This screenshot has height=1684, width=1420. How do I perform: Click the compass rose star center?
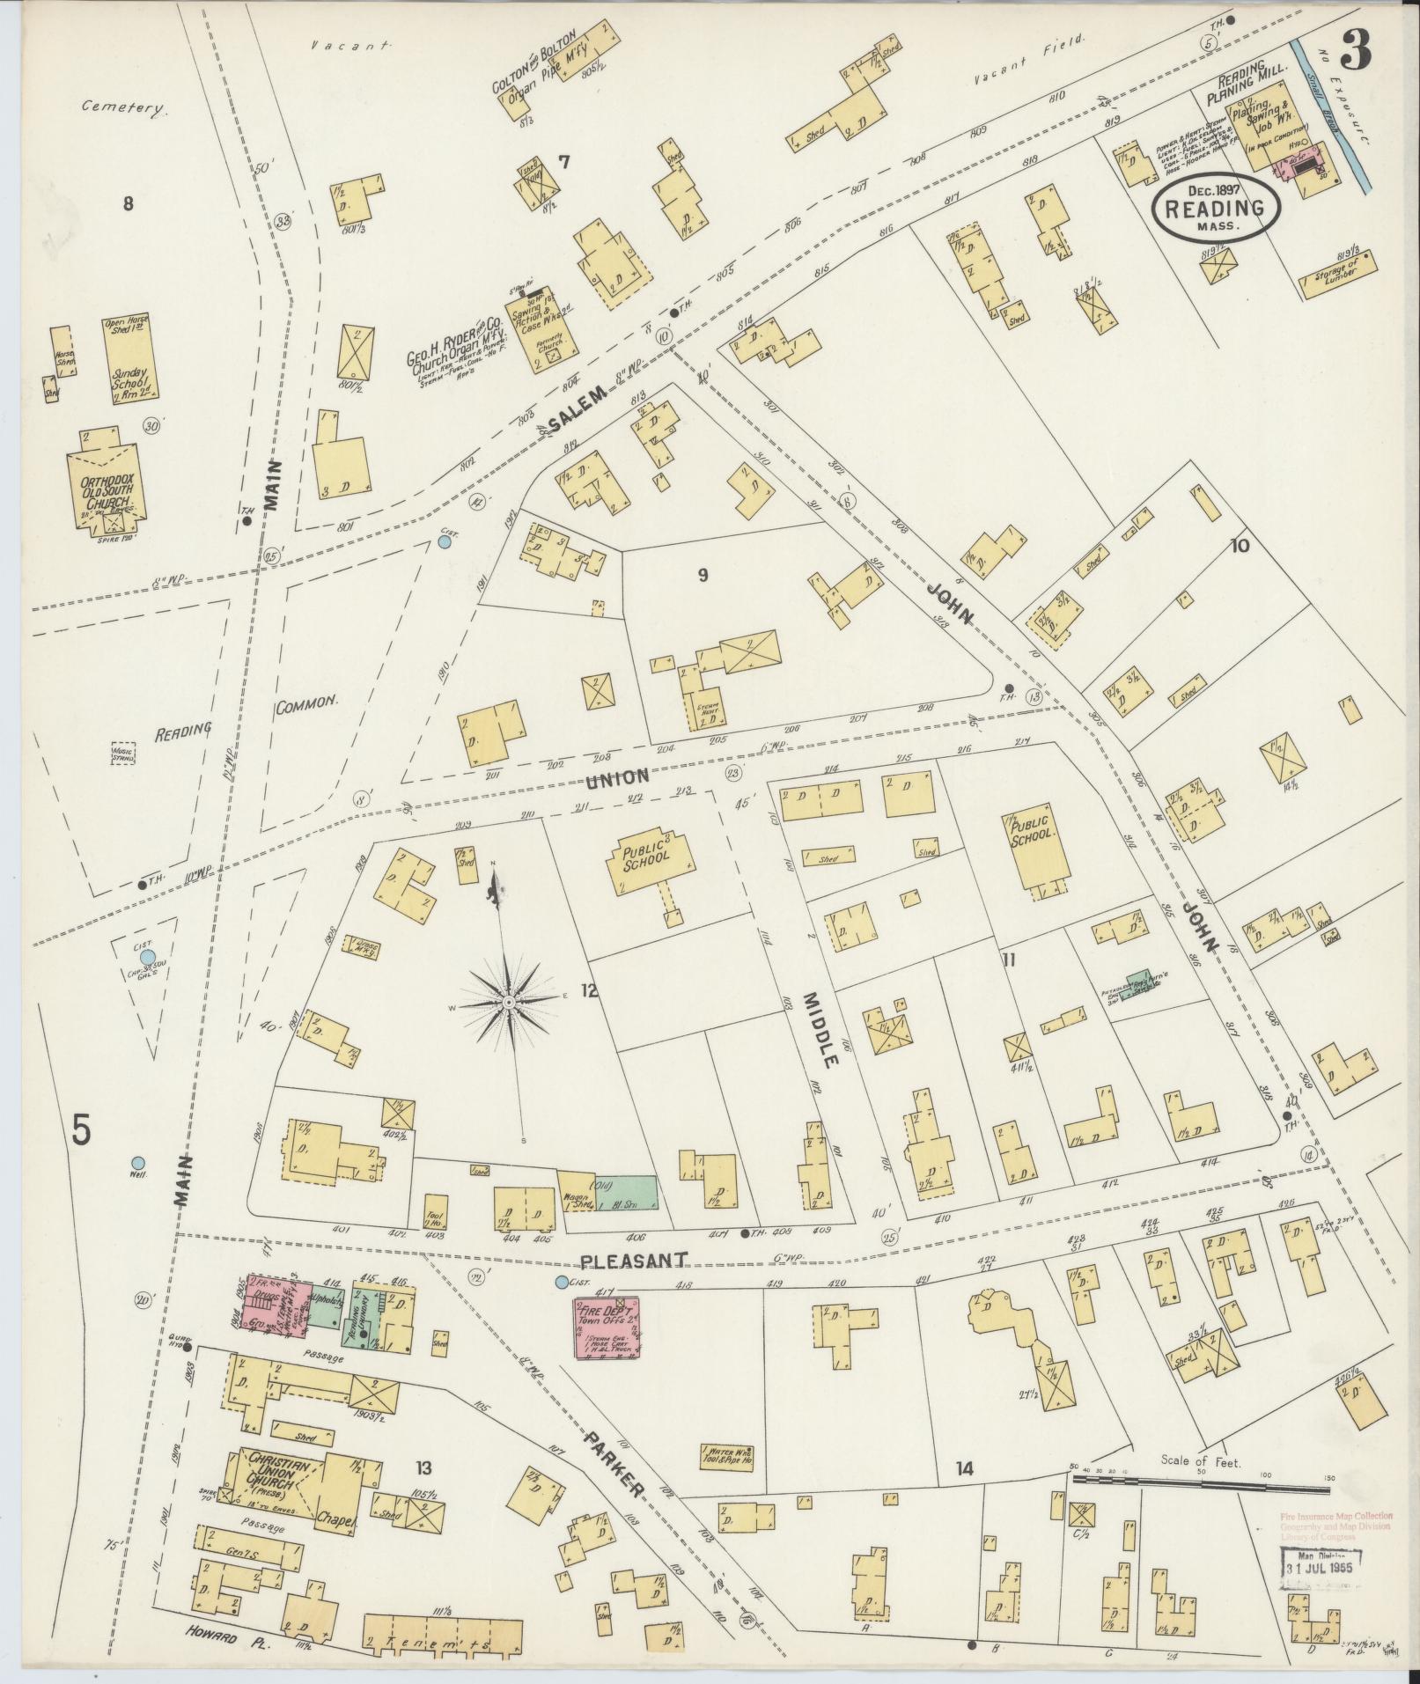point(509,1003)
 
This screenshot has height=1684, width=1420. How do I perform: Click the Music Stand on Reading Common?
point(122,754)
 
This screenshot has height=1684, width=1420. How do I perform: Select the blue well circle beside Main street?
point(137,1162)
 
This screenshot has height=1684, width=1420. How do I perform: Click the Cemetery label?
point(124,108)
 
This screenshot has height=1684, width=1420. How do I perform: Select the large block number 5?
point(81,1129)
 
